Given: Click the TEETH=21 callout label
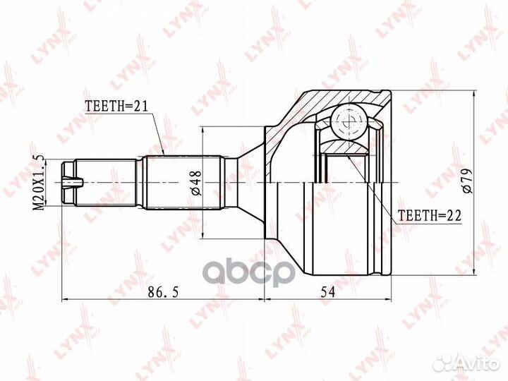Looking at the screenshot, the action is click(x=116, y=106).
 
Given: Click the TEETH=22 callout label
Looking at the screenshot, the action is click(x=429, y=215).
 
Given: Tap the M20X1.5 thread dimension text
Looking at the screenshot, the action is click(x=40, y=182).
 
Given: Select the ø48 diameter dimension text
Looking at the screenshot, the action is click(x=197, y=183).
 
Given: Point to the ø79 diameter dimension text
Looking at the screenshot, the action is click(x=468, y=181).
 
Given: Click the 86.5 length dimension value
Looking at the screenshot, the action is click(x=163, y=292).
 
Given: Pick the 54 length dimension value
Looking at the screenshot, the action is click(x=327, y=292).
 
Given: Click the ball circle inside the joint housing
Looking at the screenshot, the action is click(x=349, y=121).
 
